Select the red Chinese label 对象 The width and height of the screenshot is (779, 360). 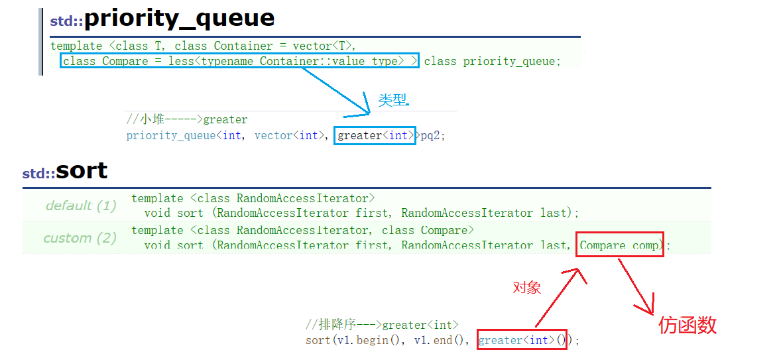[x=526, y=288]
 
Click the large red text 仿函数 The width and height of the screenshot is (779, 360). [x=688, y=326]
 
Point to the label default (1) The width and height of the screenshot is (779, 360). [x=81, y=206]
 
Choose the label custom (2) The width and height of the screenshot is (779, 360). [x=80, y=239]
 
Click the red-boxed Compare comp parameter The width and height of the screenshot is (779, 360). [x=619, y=244]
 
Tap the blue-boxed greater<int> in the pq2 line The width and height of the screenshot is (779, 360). [x=376, y=135]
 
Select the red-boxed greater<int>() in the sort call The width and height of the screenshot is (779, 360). [x=522, y=340]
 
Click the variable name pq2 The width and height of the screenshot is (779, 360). [x=430, y=135]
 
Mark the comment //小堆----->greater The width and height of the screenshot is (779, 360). [x=187, y=120]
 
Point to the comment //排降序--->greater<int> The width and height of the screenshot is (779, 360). [x=382, y=326]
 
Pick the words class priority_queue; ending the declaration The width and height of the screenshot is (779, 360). [x=493, y=62]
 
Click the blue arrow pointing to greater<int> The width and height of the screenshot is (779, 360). [x=336, y=91]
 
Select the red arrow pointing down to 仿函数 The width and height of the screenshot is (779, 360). [x=635, y=286]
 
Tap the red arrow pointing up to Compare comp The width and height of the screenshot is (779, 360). [x=556, y=298]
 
